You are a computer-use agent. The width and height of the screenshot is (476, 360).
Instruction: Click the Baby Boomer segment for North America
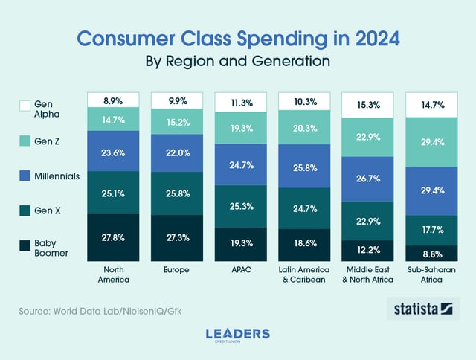click(113, 236)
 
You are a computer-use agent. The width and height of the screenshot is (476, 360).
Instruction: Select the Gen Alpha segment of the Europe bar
click(177, 100)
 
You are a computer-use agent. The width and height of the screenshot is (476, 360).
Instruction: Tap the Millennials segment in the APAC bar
click(240, 164)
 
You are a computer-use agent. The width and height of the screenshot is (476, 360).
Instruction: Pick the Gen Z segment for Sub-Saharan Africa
click(432, 142)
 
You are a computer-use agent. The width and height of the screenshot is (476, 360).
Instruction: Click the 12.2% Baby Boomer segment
click(368, 250)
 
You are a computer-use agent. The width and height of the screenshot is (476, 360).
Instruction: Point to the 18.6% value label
click(304, 243)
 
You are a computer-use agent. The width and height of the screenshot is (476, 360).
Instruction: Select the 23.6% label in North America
click(113, 152)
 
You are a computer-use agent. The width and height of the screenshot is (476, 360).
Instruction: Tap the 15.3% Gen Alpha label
click(368, 106)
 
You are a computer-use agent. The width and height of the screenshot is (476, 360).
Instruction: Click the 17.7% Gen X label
click(432, 230)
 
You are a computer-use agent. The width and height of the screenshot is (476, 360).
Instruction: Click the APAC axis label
click(240, 269)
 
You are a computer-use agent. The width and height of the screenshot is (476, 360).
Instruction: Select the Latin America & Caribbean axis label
click(304, 274)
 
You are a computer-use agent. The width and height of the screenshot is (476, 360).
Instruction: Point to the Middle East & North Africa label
click(368, 274)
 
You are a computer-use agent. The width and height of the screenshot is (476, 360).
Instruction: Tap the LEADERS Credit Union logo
click(238, 335)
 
